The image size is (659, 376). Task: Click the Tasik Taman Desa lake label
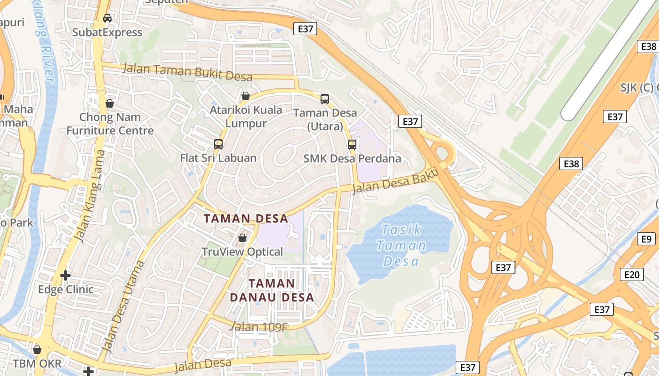(x=402, y=245)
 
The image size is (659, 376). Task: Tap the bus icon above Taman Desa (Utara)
(x=325, y=99)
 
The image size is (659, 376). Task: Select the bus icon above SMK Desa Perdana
(x=352, y=144)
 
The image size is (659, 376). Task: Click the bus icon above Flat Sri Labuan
(x=218, y=144)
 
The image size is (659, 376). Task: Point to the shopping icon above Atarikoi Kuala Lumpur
(x=246, y=96)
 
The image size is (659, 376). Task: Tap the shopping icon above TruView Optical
(x=242, y=238)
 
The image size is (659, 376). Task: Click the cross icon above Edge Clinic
(x=65, y=275)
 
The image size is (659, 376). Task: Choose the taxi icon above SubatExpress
(x=107, y=18)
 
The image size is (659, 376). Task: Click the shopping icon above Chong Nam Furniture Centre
(x=110, y=103)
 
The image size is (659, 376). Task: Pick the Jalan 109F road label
(x=258, y=326)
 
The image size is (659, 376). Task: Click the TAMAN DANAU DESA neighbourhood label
(x=272, y=290)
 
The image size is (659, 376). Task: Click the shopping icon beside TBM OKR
(x=37, y=350)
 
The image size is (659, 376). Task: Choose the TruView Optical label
(x=242, y=252)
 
